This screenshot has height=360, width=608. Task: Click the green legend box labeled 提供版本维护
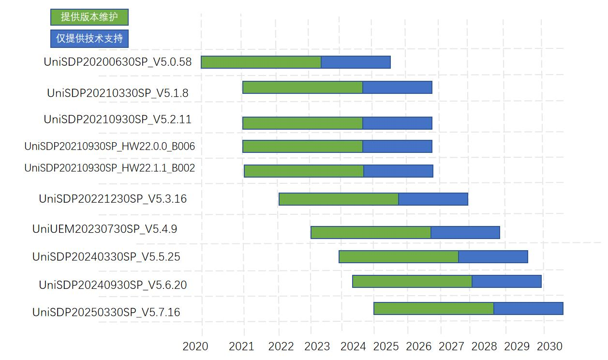(x=89, y=17)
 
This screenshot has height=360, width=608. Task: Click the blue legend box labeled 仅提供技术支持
(x=89, y=39)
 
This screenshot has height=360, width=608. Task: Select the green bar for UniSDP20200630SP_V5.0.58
(x=261, y=62)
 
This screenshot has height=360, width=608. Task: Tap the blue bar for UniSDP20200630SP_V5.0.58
(x=356, y=62)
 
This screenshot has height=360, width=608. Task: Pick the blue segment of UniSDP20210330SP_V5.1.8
(x=397, y=88)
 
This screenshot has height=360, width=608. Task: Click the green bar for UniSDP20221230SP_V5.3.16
(x=339, y=199)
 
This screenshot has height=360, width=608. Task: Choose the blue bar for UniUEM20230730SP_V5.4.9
(x=465, y=233)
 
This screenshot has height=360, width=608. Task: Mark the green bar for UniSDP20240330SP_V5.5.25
(x=399, y=257)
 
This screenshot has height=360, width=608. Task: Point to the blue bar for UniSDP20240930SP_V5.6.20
(x=506, y=282)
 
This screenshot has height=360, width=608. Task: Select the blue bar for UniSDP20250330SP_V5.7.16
(x=528, y=309)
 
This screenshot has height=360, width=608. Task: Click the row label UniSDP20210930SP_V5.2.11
(x=118, y=119)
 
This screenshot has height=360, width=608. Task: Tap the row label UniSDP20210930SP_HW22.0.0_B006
(x=110, y=146)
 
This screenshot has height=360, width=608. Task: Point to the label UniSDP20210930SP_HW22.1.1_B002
(x=110, y=168)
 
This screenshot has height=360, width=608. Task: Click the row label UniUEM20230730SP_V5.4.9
(x=105, y=229)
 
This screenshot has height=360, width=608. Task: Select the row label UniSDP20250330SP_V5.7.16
(x=106, y=312)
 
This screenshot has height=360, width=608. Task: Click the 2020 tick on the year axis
(x=195, y=346)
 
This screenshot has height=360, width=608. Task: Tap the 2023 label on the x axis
(x=317, y=346)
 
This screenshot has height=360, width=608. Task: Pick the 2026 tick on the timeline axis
(x=419, y=346)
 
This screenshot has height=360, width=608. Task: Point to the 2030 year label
(x=550, y=346)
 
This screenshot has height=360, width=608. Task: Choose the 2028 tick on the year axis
(x=484, y=346)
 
